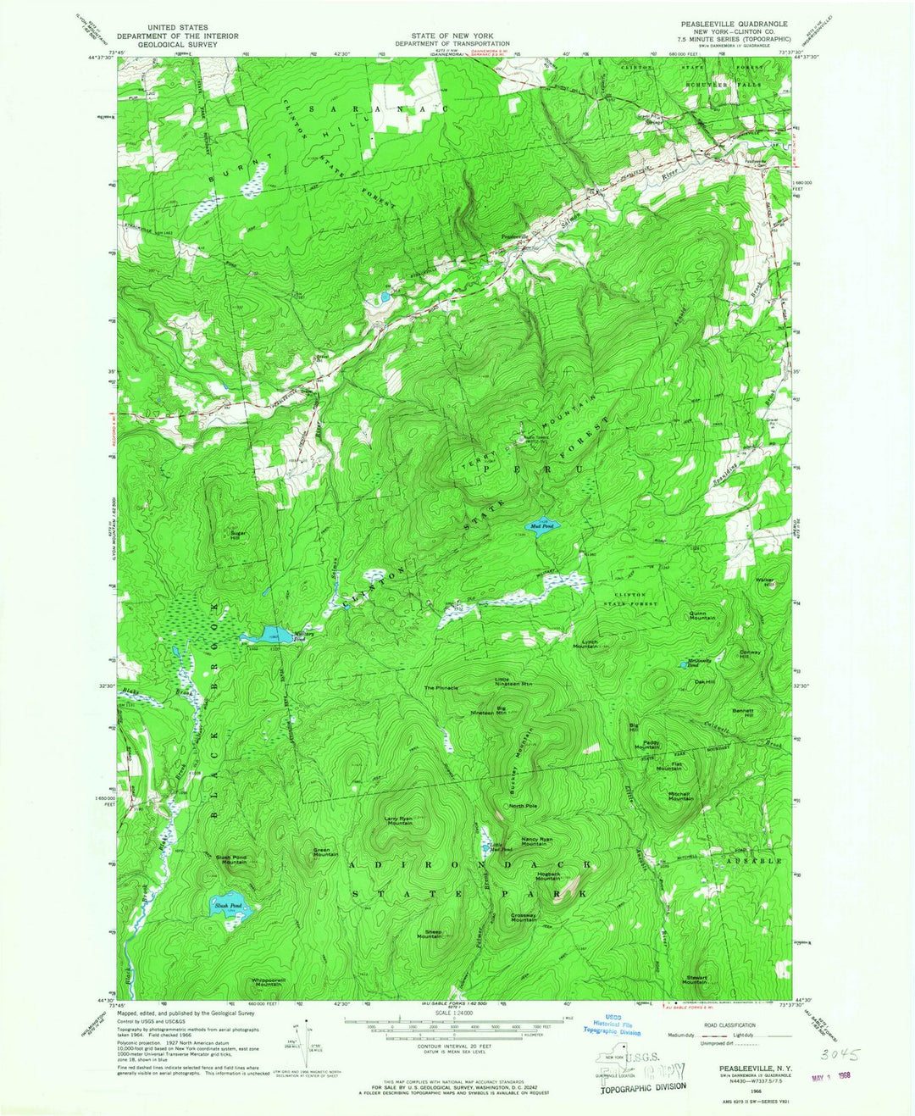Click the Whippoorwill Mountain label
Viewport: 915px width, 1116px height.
pos(267,982)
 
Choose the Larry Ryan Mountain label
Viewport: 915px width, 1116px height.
pos(399,820)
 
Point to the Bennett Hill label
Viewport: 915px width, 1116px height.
pos(743,713)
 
